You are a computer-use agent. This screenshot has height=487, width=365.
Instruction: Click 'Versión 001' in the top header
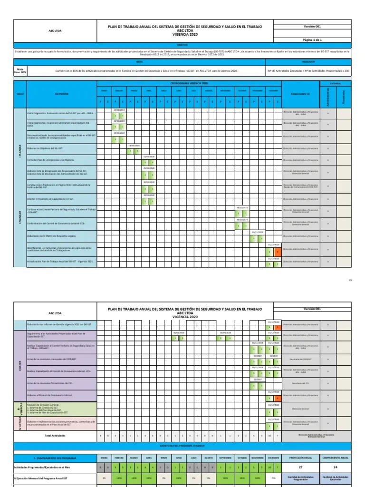click(x=312, y=27)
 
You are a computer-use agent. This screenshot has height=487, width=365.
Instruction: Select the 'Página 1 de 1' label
click(x=312, y=40)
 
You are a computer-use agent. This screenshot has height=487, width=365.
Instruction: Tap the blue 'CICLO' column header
click(x=20, y=94)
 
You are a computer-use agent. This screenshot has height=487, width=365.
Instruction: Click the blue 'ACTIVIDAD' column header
click(x=61, y=94)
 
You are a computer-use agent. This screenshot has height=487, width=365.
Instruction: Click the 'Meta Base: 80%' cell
click(x=20, y=70)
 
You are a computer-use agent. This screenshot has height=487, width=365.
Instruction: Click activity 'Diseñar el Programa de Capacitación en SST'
click(x=50, y=198)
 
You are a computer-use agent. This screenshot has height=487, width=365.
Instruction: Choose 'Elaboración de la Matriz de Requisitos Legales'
click(x=52, y=236)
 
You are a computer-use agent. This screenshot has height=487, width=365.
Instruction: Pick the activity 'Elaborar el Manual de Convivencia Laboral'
click(x=50, y=395)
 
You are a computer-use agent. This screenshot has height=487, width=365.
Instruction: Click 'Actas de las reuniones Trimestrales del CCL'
click(x=50, y=383)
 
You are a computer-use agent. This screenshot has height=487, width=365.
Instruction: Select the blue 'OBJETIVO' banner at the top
click(x=182, y=45)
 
